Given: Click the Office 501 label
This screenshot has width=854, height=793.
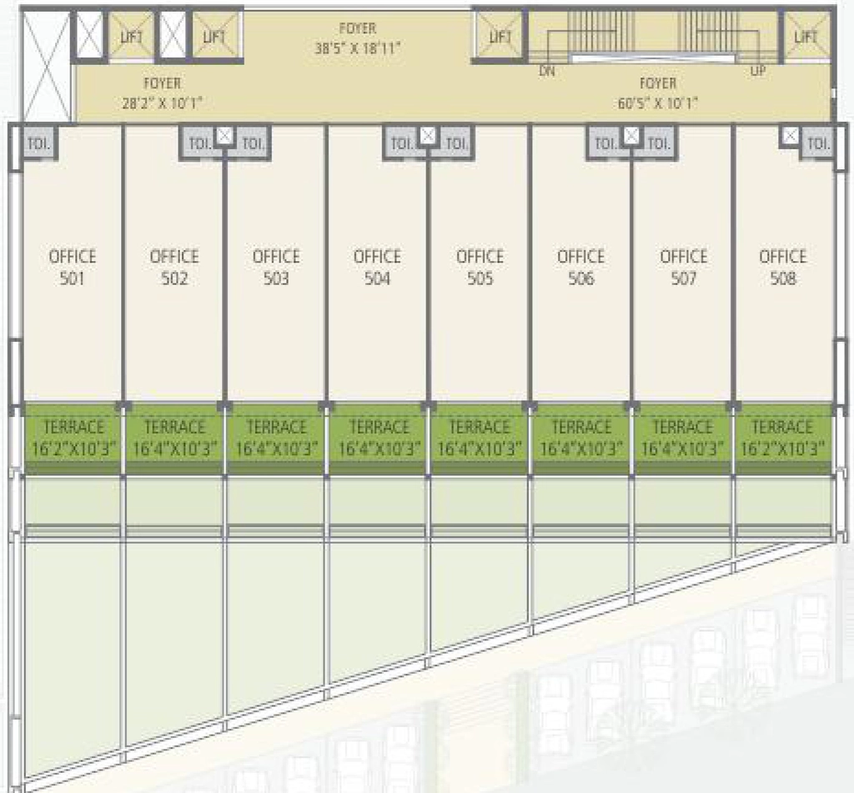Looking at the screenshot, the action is [73, 268].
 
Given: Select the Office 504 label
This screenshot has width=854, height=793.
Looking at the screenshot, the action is [377, 268].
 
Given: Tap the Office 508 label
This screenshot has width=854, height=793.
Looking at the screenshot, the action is [782, 268].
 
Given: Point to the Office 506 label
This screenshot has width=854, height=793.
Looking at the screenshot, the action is [580, 268].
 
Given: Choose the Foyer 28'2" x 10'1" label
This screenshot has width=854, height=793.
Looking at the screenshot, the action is [163, 93].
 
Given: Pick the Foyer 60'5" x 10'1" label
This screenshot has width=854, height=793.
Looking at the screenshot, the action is [658, 93].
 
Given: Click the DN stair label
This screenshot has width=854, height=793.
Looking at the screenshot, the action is [547, 71].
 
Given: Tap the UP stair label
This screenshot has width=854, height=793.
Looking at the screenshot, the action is [757, 71].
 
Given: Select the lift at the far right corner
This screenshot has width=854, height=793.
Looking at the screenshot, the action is [806, 35].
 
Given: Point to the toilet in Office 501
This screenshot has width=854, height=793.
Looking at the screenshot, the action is [39, 143].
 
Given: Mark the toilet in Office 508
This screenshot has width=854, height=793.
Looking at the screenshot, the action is [817, 143].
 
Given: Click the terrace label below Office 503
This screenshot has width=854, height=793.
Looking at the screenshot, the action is [276, 438].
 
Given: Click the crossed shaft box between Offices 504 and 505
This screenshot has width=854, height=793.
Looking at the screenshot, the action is [428, 135].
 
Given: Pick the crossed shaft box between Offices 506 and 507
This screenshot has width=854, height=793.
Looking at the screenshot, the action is [631, 135].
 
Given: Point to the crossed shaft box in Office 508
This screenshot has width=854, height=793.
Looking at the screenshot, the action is [791, 135].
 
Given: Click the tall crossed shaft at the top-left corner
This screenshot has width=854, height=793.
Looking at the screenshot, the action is [47, 65].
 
